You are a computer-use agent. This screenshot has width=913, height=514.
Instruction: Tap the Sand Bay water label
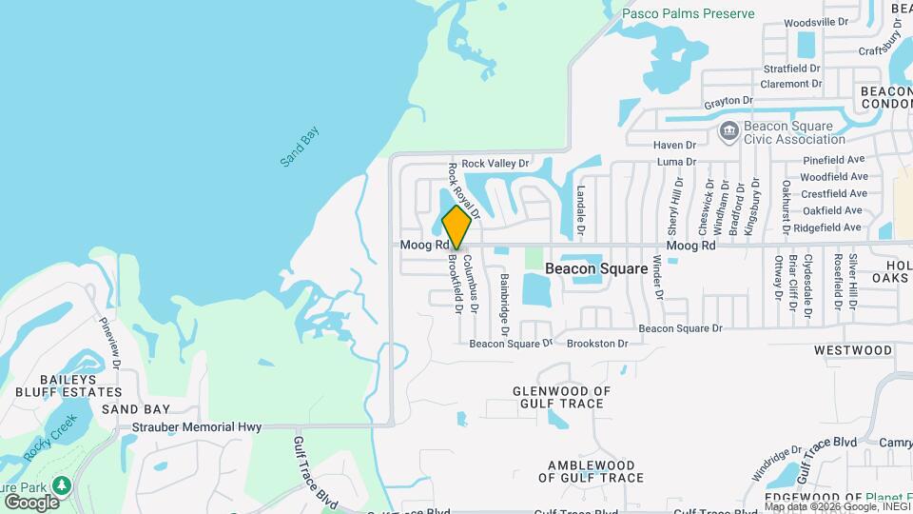(x=301, y=148)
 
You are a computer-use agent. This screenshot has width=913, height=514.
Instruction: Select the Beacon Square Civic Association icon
(x=729, y=130)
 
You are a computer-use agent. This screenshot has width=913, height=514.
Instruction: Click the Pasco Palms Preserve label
(x=689, y=13)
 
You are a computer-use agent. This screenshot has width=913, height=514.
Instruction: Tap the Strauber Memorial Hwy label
(x=197, y=427)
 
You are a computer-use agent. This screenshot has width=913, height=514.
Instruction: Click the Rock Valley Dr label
(x=495, y=163)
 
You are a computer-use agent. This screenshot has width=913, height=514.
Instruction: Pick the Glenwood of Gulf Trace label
(x=558, y=397)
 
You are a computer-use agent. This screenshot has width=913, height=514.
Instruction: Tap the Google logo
(x=30, y=502)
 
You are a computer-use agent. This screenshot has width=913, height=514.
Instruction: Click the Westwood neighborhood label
(x=853, y=350)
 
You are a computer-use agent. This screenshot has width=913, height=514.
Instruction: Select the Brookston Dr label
(x=597, y=344)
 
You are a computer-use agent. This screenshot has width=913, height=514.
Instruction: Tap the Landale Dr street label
(x=579, y=211)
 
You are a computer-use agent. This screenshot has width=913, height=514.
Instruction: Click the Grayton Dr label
(x=728, y=100)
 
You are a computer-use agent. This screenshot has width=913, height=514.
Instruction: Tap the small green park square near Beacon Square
(x=534, y=258)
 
